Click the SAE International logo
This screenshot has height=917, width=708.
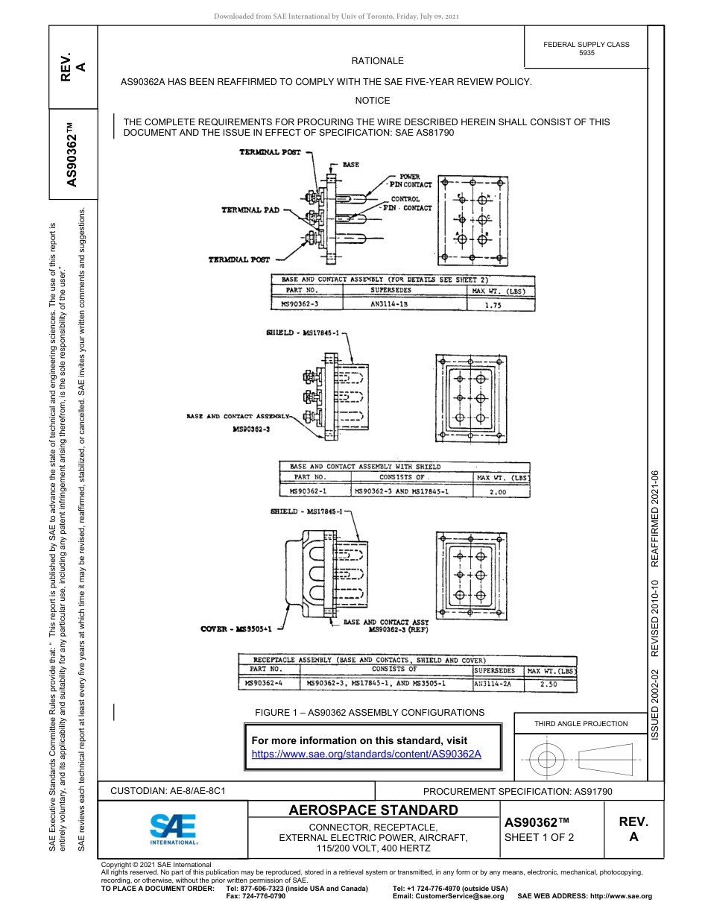click(174, 828)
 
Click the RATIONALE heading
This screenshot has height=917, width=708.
click(377, 61)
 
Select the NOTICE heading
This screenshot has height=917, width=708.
click(372, 100)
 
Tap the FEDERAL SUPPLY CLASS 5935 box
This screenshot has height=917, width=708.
click(586, 48)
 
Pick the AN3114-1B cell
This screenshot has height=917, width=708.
click(391, 304)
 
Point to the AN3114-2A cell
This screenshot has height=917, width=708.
click(497, 682)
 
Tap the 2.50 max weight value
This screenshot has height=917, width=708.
click(550, 682)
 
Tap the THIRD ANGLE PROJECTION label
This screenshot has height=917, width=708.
click(581, 723)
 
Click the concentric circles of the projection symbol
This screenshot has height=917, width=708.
click(548, 760)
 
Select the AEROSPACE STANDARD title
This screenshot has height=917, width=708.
click(373, 810)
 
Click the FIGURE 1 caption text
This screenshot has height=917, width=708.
click(369, 713)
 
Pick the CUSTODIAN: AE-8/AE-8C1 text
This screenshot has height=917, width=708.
click(168, 790)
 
